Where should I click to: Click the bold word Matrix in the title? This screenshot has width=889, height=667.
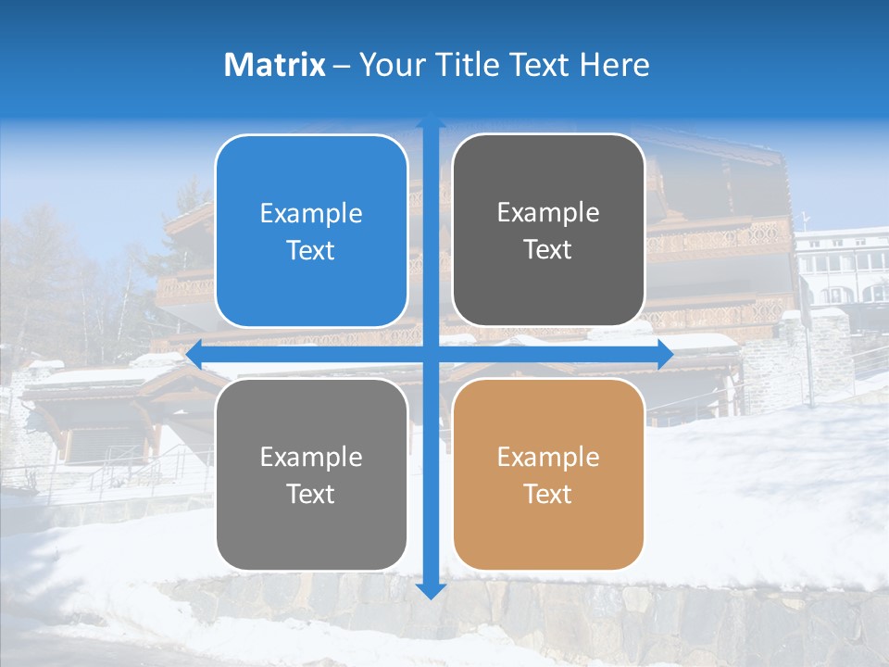coord(275,65)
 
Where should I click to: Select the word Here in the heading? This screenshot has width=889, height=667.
coord(614,65)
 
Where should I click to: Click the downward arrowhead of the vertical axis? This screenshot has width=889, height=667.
coord(431,590)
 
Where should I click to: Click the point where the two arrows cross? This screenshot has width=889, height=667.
coord(431,354)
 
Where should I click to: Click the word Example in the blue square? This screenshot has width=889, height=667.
coord(311,214)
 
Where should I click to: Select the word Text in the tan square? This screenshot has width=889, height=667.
coord(548,494)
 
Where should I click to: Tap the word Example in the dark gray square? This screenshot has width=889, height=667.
coord(548,213)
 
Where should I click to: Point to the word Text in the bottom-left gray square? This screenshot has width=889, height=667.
coord(311,494)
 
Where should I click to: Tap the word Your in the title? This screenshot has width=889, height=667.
coord(388,65)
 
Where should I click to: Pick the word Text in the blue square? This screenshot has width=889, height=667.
coord(311,250)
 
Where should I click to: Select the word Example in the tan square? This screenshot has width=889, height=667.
coord(548,457)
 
